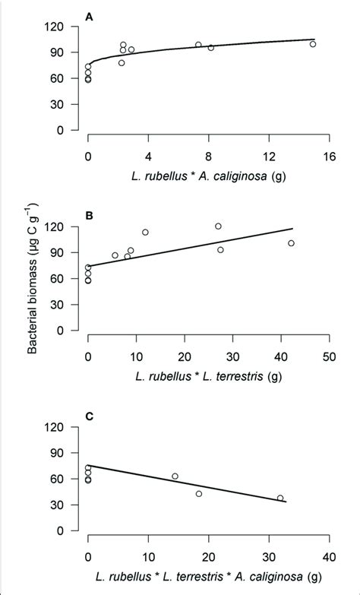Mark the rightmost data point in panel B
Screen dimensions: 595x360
click(x=291, y=243)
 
